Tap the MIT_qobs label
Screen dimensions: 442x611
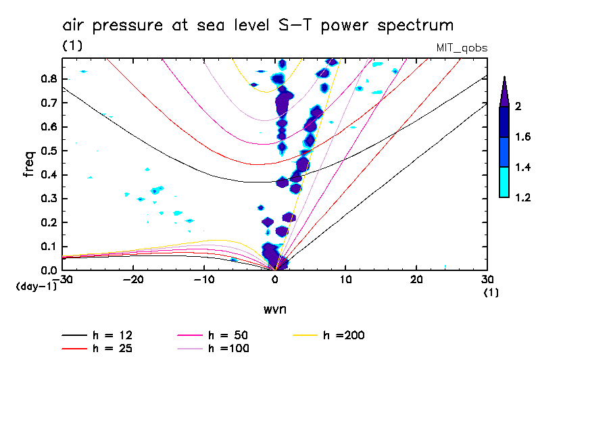point(463,48)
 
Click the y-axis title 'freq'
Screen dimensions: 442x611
point(28,164)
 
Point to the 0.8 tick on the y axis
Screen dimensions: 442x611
point(49,78)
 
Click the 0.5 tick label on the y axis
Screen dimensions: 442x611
point(49,151)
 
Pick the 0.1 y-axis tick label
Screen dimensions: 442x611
point(49,247)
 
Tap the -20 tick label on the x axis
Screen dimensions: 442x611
point(133,280)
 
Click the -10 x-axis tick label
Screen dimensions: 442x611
point(204,280)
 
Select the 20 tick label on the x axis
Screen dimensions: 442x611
point(416,280)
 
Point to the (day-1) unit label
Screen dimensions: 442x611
point(36,287)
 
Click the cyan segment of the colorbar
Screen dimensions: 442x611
point(504,182)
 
